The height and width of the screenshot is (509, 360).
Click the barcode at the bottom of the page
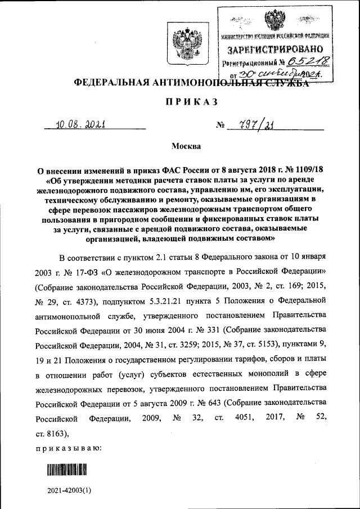69,469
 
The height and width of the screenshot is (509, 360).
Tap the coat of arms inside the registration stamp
275,20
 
